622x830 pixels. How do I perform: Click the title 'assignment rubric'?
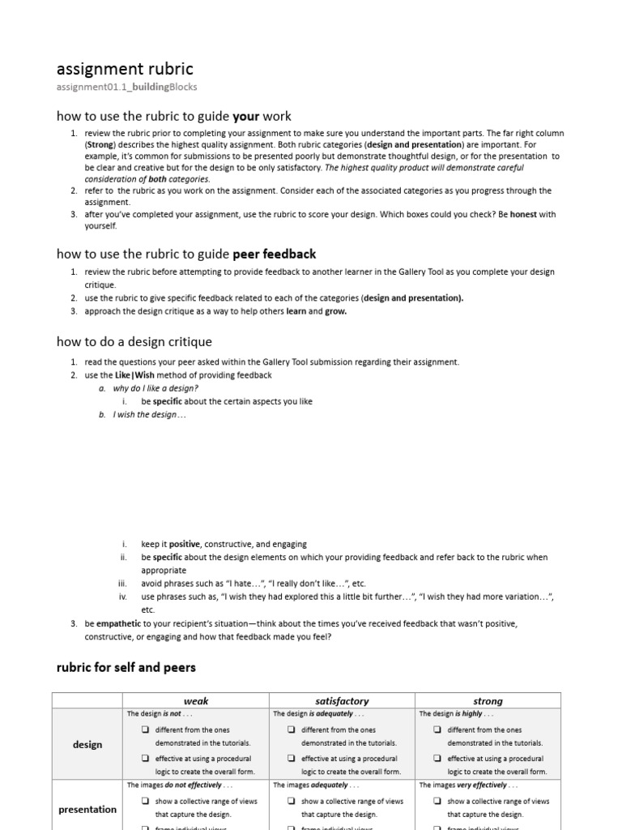pos(124,69)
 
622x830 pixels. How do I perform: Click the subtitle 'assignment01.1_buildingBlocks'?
pos(126,87)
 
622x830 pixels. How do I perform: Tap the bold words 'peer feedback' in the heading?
pos(275,254)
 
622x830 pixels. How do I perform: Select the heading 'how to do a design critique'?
pos(134,342)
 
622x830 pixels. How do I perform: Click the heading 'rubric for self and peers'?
pos(126,668)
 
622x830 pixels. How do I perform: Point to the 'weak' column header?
pos(195,701)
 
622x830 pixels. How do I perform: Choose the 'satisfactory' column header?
pos(341,701)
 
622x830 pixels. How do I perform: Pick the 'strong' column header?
pos(487,701)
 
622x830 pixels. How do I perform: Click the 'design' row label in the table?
pos(87,744)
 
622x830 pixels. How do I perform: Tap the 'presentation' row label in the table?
pos(87,809)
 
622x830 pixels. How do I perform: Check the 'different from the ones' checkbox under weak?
pos(145,729)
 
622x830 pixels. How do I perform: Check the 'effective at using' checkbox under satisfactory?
pos(291,759)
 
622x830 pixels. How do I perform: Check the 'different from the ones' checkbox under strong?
pos(437,729)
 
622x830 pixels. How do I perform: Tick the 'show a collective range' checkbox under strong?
pos(437,801)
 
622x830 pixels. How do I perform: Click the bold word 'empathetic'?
pos(119,623)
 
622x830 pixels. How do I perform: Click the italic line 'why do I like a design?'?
pos(155,388)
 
